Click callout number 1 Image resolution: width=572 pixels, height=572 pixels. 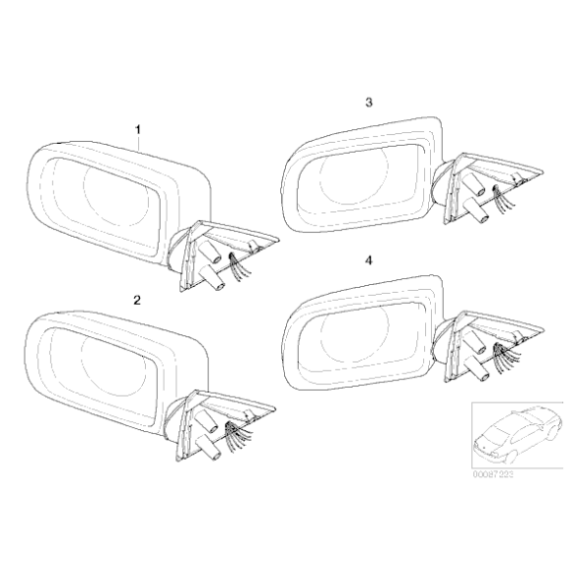tap(138, 129)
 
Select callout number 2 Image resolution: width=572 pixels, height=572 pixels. tap(137, 300)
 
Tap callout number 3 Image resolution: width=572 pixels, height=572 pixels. tap(369, 103)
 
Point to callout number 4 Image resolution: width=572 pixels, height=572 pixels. tap(369, 260)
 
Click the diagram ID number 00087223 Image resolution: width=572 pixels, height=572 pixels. tap(493, 474)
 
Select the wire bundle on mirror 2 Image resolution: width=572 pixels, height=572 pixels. tap(239, 436)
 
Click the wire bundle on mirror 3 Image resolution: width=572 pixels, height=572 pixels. tap(504, 199)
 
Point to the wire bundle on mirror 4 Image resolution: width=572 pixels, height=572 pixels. tap(506, 357)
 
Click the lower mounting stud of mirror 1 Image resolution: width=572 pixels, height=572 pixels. tap(213, 278)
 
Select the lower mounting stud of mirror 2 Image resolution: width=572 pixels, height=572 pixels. tap(209, 448)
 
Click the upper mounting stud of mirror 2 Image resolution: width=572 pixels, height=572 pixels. tap(207, 421)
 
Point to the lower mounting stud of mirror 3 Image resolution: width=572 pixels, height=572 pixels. tap(476, 210)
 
